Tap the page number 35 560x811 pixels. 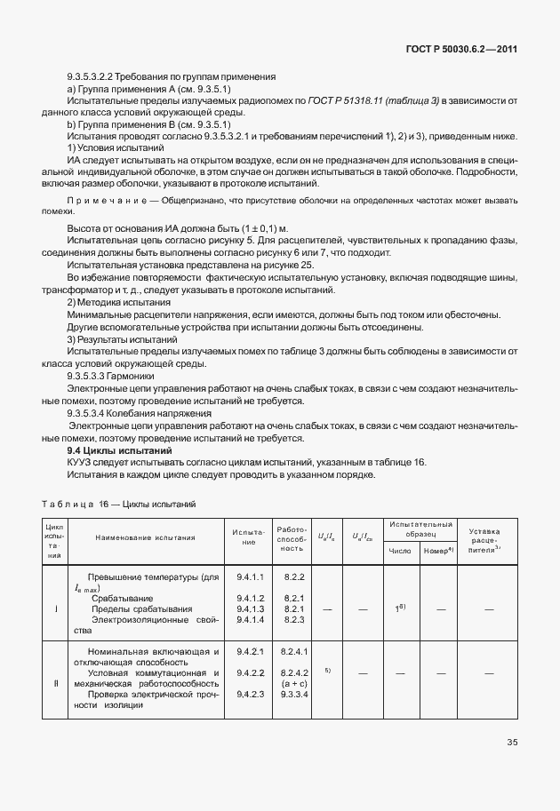click(512, 742)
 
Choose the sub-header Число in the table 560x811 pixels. click(400, 551)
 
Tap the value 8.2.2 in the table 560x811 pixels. click(294, 577)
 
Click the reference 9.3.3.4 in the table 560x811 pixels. click(294, 694)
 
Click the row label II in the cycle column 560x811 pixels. click(55, 683)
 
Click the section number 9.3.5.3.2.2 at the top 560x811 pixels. click(93, 77)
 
